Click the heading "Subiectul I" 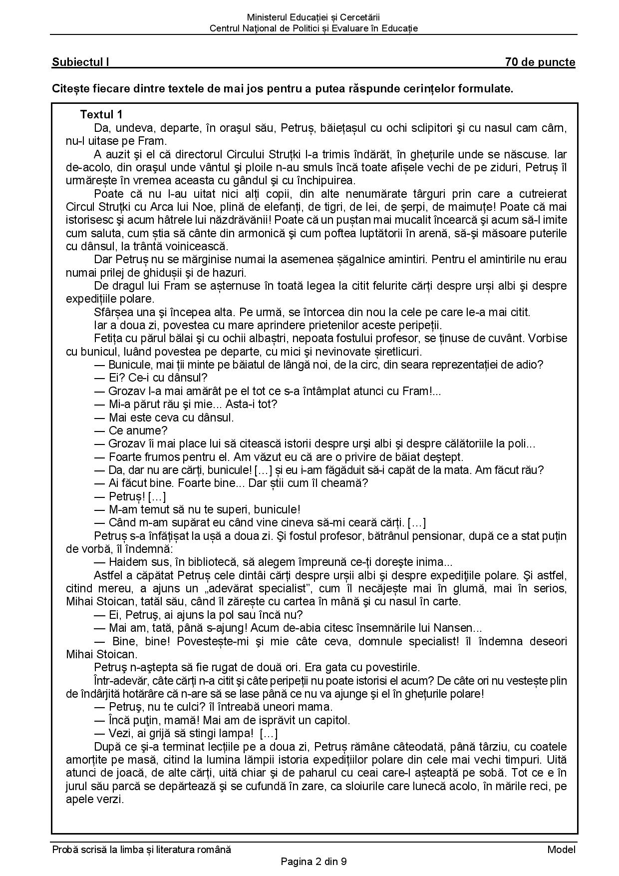[x=80, y=62]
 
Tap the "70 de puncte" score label [x=540, y=62]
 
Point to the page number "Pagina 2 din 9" [x=313, y=862]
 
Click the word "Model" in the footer [x=561, y=850]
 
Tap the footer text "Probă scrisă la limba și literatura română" [x=142, y=850]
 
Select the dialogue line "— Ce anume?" [x=131, y=431]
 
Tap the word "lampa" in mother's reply [x=236, y=733]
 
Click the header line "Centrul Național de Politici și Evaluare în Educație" [x=313, y=28]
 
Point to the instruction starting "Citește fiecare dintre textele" [x=283, y=89]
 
